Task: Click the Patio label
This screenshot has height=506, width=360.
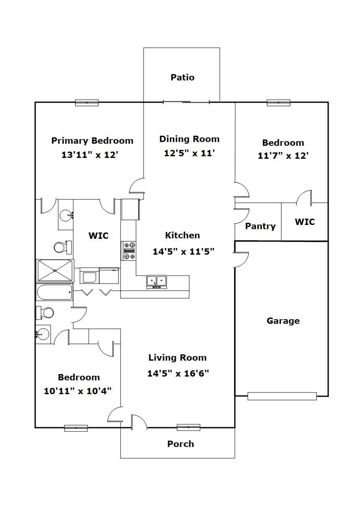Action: tap(183, 77)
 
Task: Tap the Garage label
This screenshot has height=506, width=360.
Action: tap(283, 321)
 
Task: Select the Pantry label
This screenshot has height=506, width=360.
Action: tap(260, 226)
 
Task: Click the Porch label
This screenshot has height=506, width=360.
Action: tap(180, 444)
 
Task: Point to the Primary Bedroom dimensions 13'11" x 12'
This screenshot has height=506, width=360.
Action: tap(90, 155)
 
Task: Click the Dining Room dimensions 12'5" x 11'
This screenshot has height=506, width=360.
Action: tap(189, 153)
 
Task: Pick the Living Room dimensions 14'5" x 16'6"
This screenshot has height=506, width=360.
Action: tap(178, 373)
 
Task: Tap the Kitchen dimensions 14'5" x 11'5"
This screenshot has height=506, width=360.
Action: tap(183, 251)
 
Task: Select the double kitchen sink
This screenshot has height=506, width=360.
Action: tap(157, 282)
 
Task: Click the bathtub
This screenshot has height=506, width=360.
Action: tap(54, 292)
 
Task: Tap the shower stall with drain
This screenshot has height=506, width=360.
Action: tap(55, 271)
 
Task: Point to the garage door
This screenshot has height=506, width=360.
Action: tap(282, 396)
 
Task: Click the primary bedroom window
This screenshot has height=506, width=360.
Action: tap(87, 103)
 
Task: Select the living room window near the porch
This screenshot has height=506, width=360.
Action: tap(188, 427)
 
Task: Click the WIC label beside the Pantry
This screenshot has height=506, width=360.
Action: tap(305, 222)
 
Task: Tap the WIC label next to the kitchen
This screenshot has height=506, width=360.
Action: tap(98, 235)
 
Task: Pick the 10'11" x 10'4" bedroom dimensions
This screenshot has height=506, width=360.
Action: tap(77, 391)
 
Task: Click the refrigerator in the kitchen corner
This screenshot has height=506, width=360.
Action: tap(131, 209)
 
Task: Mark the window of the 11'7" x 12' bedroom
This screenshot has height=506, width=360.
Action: tap(278, 103)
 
